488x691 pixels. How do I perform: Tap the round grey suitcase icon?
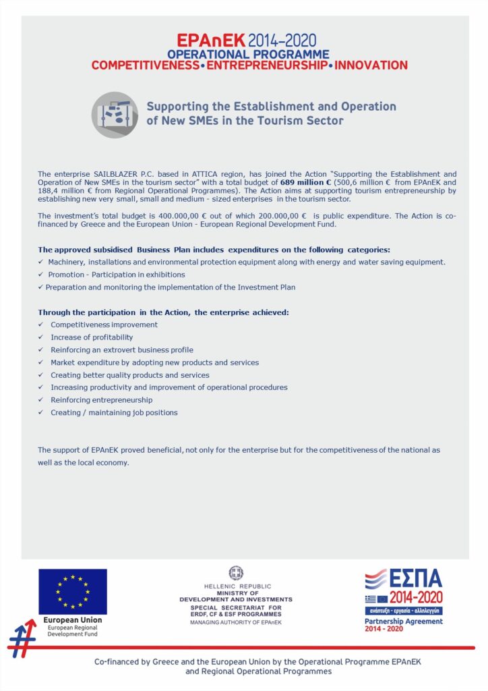point(115,115)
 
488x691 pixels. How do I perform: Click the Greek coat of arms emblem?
point(236,573)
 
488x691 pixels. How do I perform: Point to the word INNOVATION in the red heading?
point(371,65)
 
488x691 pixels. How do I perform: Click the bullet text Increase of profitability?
point(92,337)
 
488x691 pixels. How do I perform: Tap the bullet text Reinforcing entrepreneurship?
point(101,400)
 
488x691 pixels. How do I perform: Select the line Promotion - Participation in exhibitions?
point(117,275)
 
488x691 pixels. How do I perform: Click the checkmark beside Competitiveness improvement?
point(41,325)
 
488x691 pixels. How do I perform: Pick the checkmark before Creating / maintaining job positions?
point(41,412)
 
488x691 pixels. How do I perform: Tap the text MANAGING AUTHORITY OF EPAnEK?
point(236,621)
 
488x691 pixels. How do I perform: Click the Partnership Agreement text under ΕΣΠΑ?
point(404,621)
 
